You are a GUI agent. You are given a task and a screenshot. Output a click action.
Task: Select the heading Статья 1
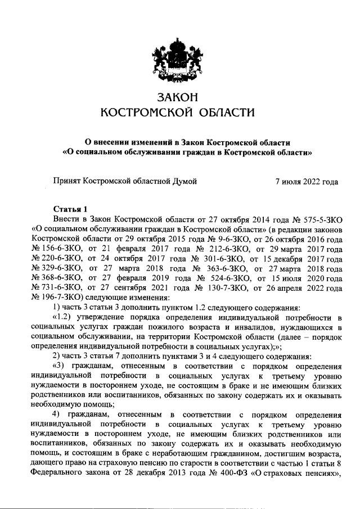point(70,208)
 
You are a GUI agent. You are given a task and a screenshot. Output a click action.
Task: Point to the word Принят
point(67,181)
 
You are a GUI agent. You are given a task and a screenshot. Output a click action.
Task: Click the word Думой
point(185,181)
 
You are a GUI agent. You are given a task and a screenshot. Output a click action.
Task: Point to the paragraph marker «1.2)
point(62,319)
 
